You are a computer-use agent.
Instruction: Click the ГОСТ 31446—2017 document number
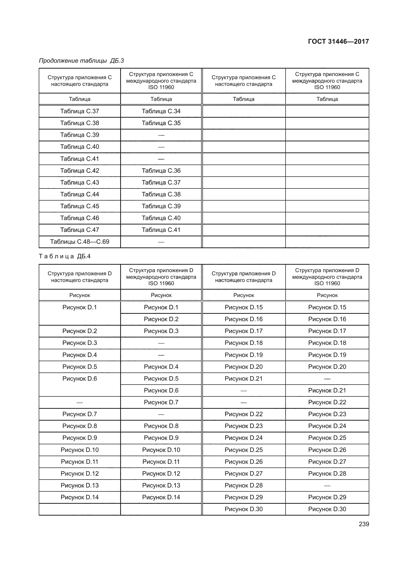point(338,41)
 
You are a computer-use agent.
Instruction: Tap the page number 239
point(364,524)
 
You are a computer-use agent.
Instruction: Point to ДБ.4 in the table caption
point(84,256)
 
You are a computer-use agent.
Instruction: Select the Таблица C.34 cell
point(161,111)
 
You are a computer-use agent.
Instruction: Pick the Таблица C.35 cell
point(161,123)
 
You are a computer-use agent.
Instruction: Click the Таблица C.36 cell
point(161,171)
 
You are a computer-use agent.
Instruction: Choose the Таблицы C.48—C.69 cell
point(80,242)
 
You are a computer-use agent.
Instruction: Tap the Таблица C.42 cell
point(80,171)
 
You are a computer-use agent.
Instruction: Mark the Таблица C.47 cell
point(80,230)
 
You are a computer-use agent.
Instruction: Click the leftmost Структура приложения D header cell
point(80,277)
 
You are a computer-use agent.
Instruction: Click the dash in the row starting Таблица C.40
point(161,147)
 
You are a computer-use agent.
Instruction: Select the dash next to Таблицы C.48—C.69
point(161,242)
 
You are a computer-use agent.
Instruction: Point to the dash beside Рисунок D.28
point(327,485)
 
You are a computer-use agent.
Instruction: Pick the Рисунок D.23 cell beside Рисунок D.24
point(244,426)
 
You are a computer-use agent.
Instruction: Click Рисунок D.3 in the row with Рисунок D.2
point(161,331)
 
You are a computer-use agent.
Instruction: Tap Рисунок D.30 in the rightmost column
point(327,509)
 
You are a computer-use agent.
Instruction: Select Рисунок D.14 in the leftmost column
point(80,497)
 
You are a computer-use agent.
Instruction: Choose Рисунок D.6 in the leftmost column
point(80,378)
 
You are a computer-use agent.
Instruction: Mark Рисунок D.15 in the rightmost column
point(327,307)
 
